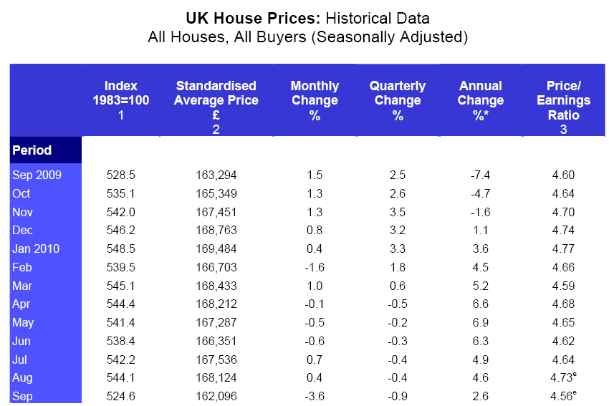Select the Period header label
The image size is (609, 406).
click(x=32, y=150)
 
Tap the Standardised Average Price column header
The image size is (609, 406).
click(x=216, y=101)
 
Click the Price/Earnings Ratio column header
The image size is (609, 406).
click(x=563, y=101)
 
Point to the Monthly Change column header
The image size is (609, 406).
click(x=315, y=100)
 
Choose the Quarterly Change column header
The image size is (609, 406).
click(x=398, y=100)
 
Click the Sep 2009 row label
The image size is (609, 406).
click(x=37, y=175)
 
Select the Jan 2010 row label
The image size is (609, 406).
click(x=36, y=248)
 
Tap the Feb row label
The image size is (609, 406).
click(x=22, y=267)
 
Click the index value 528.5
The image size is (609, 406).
click(x=121, y=175)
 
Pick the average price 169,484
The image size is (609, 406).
click(x=216, y=248)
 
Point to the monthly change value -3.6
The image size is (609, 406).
click(x=314, y=396)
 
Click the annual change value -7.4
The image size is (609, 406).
click(x=481, y=175)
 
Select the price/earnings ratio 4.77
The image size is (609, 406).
click(x=563, y=248)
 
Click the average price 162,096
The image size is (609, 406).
click(x=216, y=396)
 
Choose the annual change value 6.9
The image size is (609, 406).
click(x=481, y=322)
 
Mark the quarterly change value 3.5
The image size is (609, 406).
click(x=398, y=212)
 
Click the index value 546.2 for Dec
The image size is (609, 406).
click(x=121, y=230)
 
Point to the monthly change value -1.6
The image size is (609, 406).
click(x=314, y=267)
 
